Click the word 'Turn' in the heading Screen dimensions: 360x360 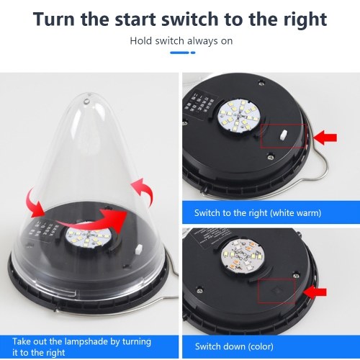54,19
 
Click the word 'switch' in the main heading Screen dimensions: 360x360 189,19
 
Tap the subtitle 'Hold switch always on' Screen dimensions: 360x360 181,41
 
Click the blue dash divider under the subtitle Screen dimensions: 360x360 183,53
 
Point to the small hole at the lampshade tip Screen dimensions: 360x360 86,101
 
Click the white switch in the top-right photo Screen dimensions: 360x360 284,135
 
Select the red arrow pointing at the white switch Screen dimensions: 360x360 325,138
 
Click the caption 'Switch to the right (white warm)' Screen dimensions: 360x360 258,213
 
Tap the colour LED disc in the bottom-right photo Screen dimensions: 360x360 242,256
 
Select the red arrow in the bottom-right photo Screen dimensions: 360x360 315,292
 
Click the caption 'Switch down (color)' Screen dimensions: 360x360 234,346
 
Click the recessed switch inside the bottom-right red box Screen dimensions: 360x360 276,290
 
